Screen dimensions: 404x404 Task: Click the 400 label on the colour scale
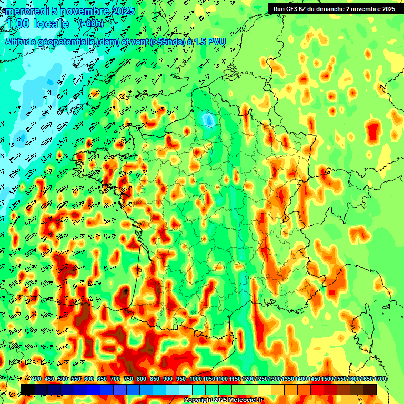pos(36,379)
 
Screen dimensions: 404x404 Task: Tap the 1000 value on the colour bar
pos(196,379)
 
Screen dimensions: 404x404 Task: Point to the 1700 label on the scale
pos(380,379)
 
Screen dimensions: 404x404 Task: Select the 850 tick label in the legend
pos(155,379)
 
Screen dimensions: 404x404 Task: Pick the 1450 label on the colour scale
pos(315,379)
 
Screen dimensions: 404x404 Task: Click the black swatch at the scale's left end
pos(28,389)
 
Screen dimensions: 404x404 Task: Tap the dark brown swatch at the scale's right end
pos(370,389)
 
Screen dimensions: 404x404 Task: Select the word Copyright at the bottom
pos(198,400)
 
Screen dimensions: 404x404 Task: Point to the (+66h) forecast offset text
pos(91,23)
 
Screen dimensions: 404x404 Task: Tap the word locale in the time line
pos(50,24)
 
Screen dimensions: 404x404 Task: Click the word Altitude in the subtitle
pos(23,42)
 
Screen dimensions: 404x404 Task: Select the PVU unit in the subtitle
pos(217,42)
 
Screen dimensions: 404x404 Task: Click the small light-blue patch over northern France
pos(209,120)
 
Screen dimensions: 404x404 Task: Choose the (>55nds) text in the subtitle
pos(167,42)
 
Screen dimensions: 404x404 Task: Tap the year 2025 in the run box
pos(388,9)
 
